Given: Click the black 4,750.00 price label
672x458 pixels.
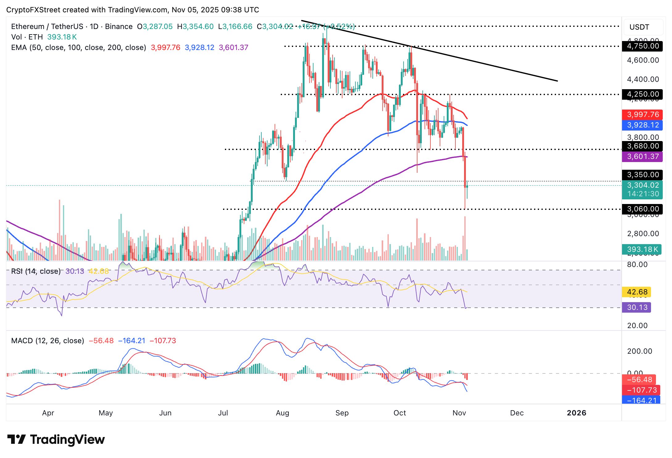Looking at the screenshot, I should click(642, 46).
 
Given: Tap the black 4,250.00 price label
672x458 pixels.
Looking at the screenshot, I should click(642, 94).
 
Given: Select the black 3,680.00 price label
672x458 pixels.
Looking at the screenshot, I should click(642, 146).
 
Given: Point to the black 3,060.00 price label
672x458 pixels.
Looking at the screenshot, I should click(642, 209).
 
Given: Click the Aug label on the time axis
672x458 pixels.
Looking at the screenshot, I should click(282, 413).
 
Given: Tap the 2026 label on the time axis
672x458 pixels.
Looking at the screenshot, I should click(576, 413).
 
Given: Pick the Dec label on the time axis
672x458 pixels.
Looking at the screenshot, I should click(517, 413).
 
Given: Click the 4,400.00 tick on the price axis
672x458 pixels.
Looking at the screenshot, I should click(643, 79).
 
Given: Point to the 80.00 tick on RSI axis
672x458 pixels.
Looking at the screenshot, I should click(637, 264).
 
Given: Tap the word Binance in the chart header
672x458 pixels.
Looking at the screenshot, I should click(119, 27).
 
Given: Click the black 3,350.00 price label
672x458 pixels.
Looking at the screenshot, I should click(642, 175).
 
